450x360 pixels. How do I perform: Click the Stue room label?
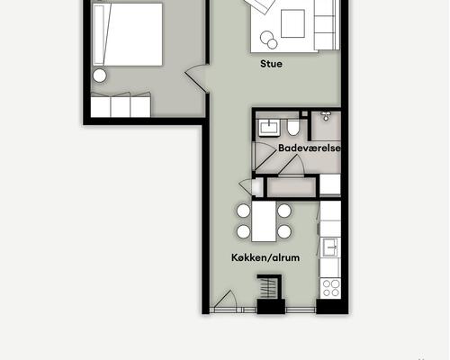[x=271, y=64]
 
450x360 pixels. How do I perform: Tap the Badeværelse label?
[x=310, y=148]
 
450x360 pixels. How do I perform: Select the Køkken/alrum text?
[x=265, y=257]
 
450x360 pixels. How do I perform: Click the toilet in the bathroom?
[x=292, y=127]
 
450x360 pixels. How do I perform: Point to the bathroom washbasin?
[x=269, y=128]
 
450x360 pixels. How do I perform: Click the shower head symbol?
[x=326, y=116]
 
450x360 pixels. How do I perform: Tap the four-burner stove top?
[x=330, y=288]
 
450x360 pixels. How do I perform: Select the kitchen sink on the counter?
[x=330, y=247]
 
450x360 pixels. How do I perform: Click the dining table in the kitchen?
[x=264, y=221]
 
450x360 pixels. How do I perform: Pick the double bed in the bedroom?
[x=128, y=34]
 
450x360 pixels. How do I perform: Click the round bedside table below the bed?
[x=100, y=76]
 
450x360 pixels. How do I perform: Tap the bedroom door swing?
[x=195, y=78]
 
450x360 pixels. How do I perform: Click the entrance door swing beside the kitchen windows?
[x=226, y=301]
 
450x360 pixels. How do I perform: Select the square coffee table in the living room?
[x=292, y=23]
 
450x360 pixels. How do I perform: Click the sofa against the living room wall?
[x=327, y=25]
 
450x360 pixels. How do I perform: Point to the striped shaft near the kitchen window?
[x=269, y=287]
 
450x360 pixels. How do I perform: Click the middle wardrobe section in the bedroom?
[x=121, y=105]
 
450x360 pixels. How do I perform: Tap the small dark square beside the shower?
[x=305, y=113]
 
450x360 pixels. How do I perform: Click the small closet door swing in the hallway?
[x=246, y=186]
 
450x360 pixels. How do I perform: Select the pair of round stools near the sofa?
[x=269, y=40]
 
